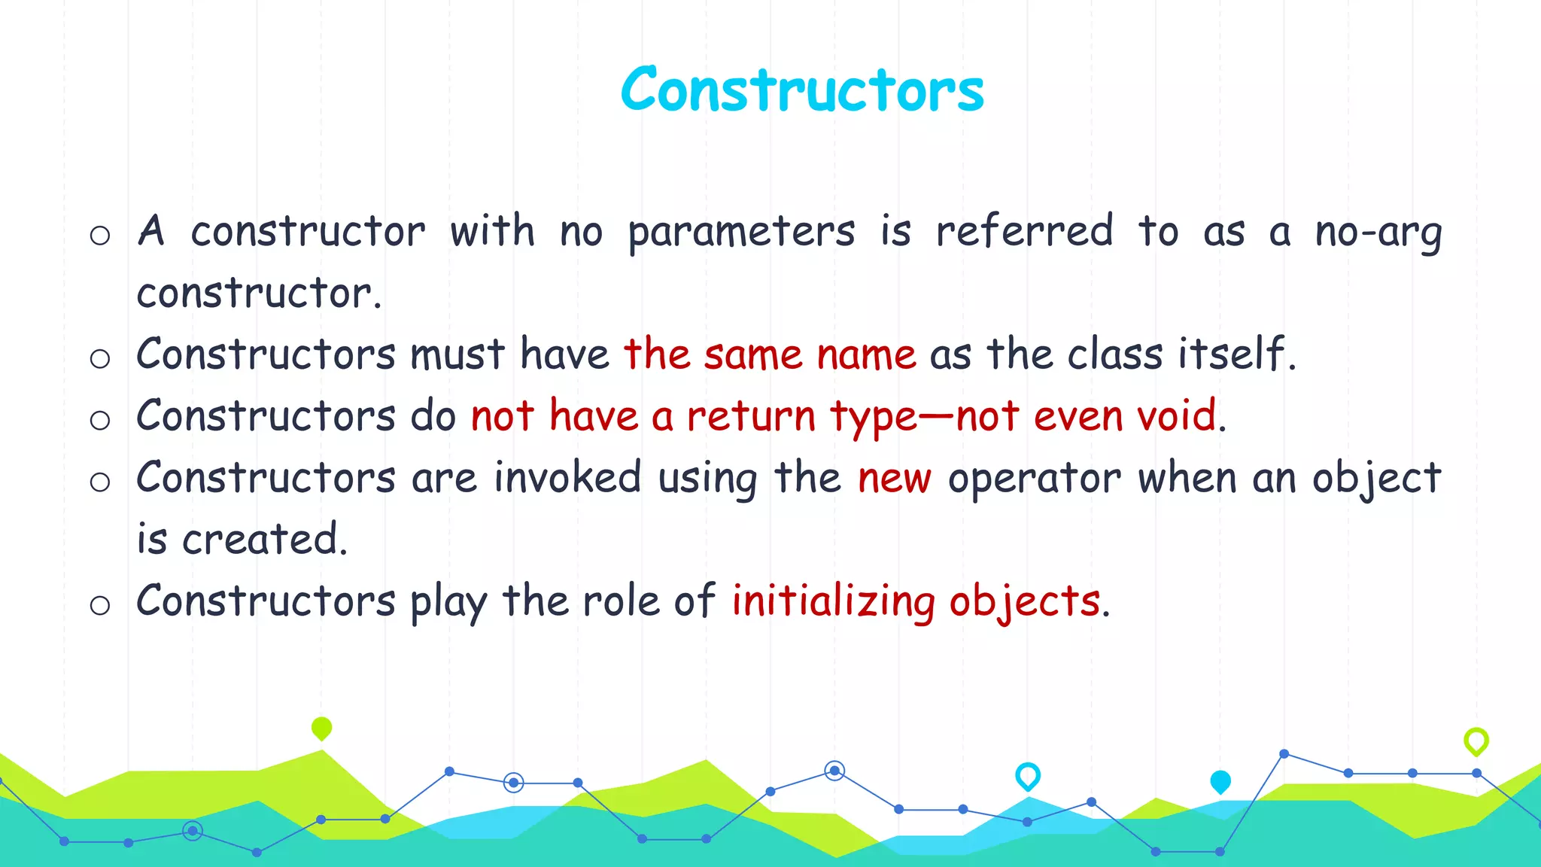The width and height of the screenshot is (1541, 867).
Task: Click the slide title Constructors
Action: (802, 90)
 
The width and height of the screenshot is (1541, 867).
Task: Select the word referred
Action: (1024, 231)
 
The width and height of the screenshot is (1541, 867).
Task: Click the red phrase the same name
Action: (770, 354)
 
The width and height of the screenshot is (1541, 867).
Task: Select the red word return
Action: (751, 416)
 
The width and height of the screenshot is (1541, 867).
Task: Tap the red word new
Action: (895, 479)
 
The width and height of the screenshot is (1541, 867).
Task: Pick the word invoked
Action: (567, 478)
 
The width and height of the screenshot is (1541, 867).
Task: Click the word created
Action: (264, 540)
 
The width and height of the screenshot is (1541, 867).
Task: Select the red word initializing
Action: (834, 602)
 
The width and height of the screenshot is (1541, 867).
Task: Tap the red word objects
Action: (1024, 602)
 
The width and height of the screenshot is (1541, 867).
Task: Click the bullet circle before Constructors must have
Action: (100, 358)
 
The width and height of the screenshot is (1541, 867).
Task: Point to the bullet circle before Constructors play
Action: (100, 605)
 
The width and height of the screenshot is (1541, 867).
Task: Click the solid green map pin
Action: (321, 728)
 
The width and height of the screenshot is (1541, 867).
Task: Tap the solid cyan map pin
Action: (1220, 782)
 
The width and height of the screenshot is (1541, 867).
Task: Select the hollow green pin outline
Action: (1476, 741)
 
